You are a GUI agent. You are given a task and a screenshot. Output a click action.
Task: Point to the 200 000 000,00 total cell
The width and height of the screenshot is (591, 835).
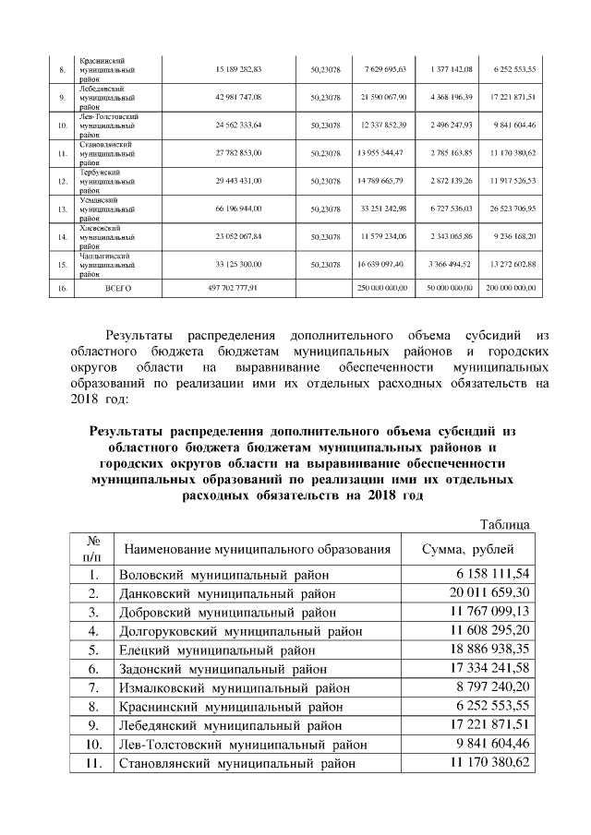tap(510, 288)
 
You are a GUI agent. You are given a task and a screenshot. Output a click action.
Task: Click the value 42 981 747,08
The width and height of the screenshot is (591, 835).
tap(238, 97)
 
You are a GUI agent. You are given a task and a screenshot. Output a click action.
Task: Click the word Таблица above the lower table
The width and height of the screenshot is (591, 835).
tap(504, 525)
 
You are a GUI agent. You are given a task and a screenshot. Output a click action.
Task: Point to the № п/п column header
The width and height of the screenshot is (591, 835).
tap(93, 549)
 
